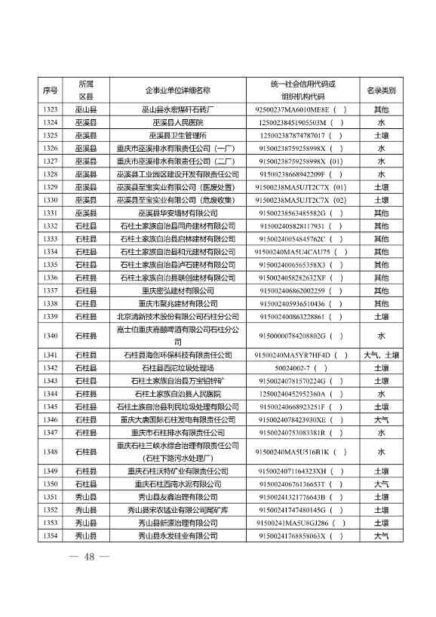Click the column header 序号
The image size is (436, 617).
[x=51, y=91]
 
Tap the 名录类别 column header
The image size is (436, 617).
[x=381, y=91]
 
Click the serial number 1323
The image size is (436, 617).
[x=51, y=109]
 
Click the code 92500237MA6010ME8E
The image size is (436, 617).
[x=297, y=109]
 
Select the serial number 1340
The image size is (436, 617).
[x=51, y=336]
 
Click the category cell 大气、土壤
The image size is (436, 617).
[x=381, y=355]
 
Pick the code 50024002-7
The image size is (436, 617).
[x=297, y=367]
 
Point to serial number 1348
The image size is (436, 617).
[x=51, y=451]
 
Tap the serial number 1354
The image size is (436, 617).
[x=51, y=536]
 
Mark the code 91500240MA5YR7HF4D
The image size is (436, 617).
[x=297, y=355]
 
